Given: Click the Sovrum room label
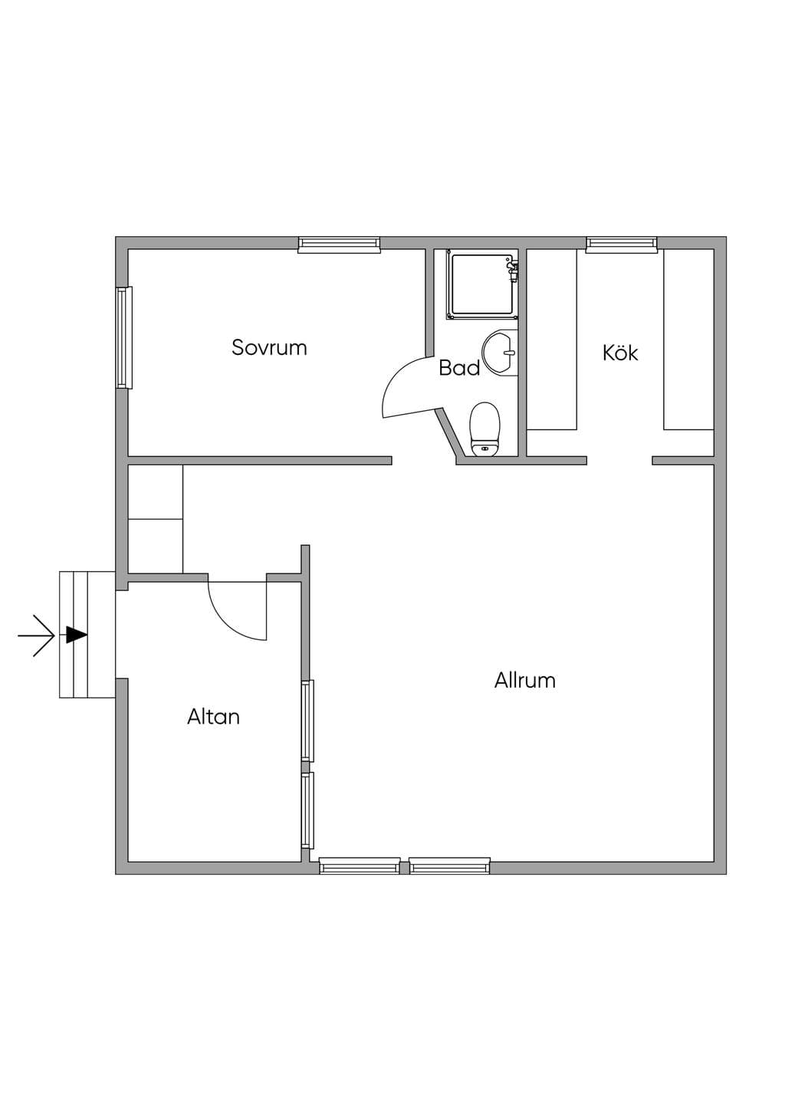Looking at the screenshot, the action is click(269, 347).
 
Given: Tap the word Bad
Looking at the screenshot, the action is click(459, 368).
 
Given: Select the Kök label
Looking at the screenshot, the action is click(620, 353).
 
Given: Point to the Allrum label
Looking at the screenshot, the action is click(525, 680).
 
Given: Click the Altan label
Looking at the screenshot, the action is click(214, 717).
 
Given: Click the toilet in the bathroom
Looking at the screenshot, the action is click(484, 429).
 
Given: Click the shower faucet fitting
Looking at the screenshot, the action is click(512, 270).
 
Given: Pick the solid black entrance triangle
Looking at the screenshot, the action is click(77, 635).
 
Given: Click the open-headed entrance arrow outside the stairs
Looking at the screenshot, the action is click(36, 635).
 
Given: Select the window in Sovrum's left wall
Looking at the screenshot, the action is click(124, 337).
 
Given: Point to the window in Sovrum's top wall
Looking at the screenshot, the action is click(339, 245).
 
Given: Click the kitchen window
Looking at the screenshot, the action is click(622, 245).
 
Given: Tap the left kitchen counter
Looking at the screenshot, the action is click(552, 340).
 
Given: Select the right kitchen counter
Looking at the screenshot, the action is click(689, 340).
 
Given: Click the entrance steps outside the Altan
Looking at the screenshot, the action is click(87, 635).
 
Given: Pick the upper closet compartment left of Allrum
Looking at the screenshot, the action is click(156, 492).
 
